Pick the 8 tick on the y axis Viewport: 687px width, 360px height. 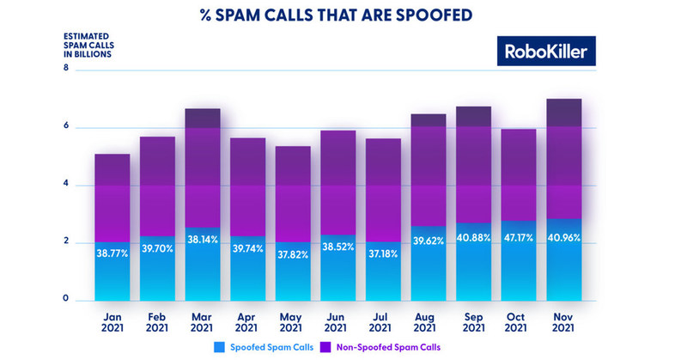(65, 69)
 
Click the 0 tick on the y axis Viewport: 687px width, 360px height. (65, 299)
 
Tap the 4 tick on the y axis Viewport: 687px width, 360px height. (65, 184)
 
